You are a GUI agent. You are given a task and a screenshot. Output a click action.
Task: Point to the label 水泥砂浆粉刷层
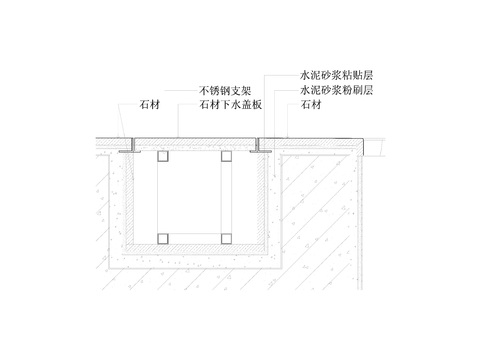[336, 89]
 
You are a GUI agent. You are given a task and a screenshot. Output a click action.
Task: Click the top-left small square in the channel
[163, 157]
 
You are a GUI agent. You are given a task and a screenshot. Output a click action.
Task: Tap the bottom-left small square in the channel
[163, 238]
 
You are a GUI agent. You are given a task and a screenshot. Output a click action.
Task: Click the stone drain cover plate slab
[195, 141]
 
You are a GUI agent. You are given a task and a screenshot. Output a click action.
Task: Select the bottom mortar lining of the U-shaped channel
[195, 255]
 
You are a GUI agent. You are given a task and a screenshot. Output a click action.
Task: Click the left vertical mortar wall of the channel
[127, 200]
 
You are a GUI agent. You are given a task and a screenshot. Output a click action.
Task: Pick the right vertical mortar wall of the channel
[266, 200]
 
